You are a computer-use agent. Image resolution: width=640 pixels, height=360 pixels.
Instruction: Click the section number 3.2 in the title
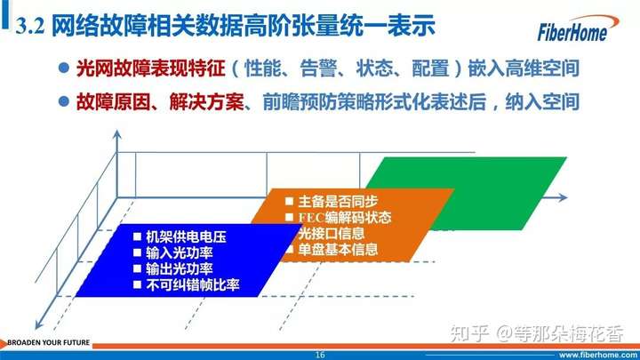pyautogui.click(x=30, y=26)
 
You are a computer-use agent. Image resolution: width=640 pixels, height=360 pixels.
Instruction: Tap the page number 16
pyautogui.click(x=320, y=355)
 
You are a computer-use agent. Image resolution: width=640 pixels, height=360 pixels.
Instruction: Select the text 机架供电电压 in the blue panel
pyautogui.click(x=186, y=236)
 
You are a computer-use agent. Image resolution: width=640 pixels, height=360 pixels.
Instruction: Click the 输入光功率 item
pyautogui.click(x=180, y=252)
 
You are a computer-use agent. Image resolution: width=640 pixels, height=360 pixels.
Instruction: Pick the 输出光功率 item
pyautogui.click(x=180, y=268)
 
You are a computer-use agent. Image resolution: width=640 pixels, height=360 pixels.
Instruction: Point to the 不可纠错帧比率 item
pyautogui.click(x=193, y=284)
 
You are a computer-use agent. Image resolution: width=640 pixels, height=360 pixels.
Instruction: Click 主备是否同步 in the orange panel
pyautogui.click(x=338, y=201)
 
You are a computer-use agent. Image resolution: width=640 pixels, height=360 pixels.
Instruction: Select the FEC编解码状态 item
pyautogui.click(x=345, y=217)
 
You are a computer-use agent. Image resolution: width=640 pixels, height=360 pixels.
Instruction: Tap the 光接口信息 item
pyautogui.click(x=331, y=234)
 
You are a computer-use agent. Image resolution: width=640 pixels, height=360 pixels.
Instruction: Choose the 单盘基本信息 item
pyautogui.click(x=338, y=250)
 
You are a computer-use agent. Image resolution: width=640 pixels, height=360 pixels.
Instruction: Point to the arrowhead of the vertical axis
pyautogui.click(x=117, y=134)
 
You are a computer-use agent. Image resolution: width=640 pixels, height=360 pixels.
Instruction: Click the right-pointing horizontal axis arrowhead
pyautogui.click(x=564, y=197)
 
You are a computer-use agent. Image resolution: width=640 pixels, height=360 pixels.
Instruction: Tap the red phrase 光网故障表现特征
pyautogui.click(x=151, y=68)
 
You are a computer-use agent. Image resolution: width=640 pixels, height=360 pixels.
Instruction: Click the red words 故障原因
pyautogui.click(x=114, y=101)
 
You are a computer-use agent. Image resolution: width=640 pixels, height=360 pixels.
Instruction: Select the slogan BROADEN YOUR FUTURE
pyautogui.click(x=49, y=342)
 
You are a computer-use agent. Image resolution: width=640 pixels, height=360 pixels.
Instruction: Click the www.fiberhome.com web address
pyautogui.click(x=598, y=355)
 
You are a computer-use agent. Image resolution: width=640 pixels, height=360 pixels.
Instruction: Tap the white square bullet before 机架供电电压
pyautogui.click(x=137, y=236)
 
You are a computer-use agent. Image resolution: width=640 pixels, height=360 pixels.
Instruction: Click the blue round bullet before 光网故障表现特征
pyautogui.click(x=64, y=68)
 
